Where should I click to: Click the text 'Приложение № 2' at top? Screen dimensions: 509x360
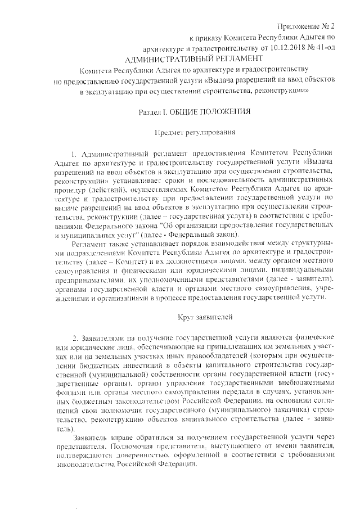click(x=305, y=27)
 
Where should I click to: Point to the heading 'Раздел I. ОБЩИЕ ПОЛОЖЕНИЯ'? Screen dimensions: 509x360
click(x=194, y=111)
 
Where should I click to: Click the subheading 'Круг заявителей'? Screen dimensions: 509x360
click(x=194, y=317)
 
